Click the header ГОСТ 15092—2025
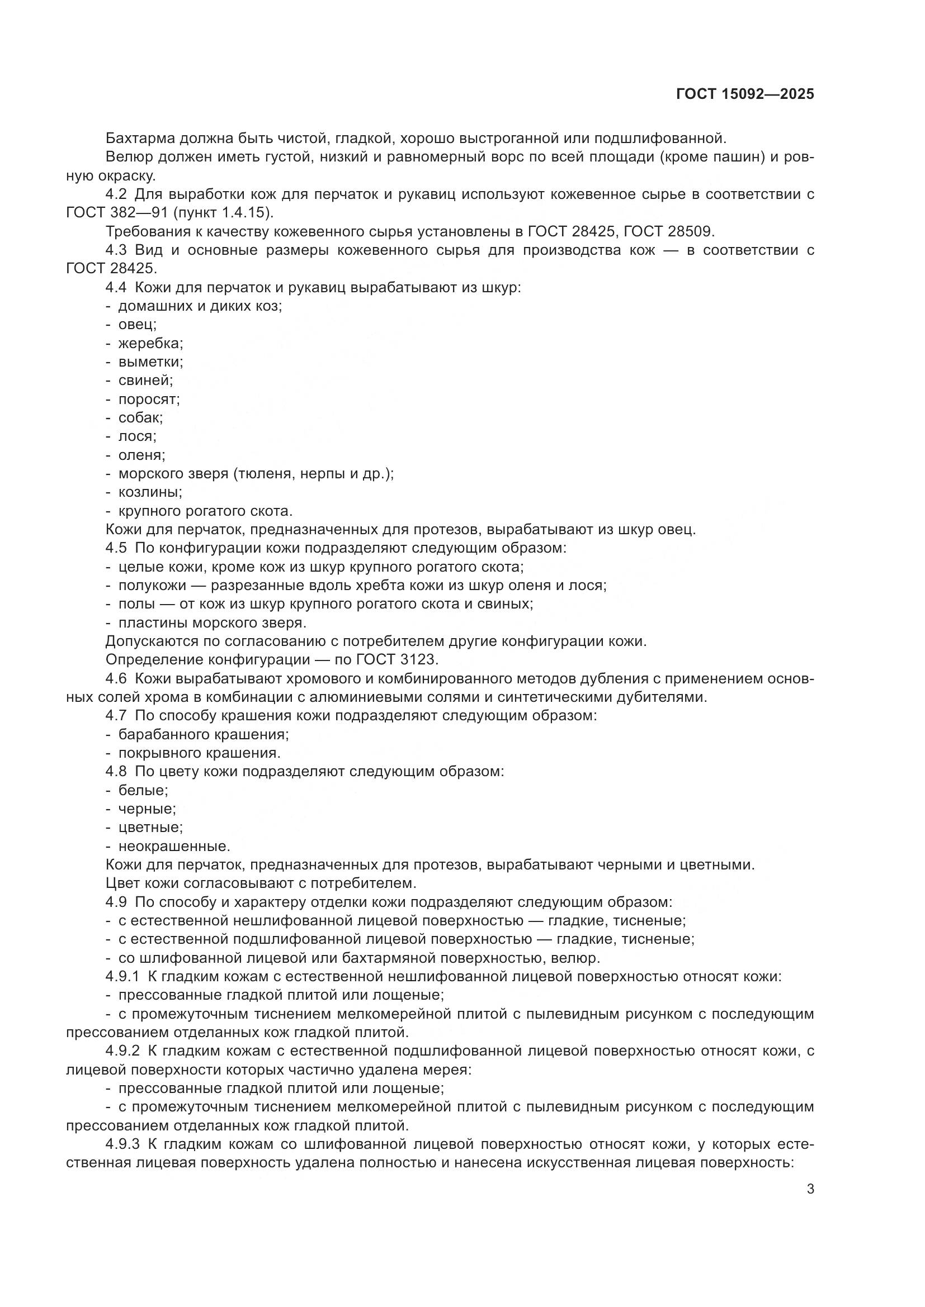point(744,94)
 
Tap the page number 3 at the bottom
point(810,1189)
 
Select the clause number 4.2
point(117,194)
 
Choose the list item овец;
point(137,325)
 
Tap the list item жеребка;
point(150,344)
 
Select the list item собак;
point(140,418)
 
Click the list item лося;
point(137,436)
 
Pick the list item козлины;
point(150,492)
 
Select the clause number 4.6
point(117,678)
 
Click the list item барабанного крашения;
point(204,734)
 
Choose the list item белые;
point(143,790)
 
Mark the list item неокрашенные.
point(174,846)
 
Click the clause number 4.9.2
point(122,1051)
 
